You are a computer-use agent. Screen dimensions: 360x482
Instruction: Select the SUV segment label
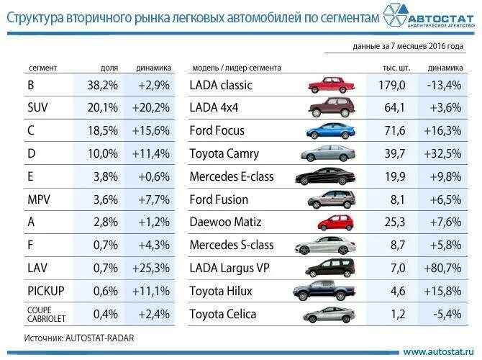(x=37, y=108)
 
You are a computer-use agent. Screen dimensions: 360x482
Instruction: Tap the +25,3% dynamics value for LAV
(x=150, y=268)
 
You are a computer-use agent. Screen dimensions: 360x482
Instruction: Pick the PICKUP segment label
(x=46, y=291)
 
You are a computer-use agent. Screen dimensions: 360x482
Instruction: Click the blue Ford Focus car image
(x=331, y=131)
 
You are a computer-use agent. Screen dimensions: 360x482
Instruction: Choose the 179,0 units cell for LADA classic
(x=391, y=85)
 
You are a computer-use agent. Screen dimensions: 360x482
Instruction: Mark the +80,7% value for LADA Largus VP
(x=444, y=269)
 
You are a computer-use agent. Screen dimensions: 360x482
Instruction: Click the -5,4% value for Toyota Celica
(x=446, y=315)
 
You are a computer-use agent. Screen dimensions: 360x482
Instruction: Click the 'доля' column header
(x=109, y=68)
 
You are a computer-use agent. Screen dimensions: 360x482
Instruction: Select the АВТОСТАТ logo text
(x=441, y=18)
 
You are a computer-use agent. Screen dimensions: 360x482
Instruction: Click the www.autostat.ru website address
(x=437, y=351)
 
